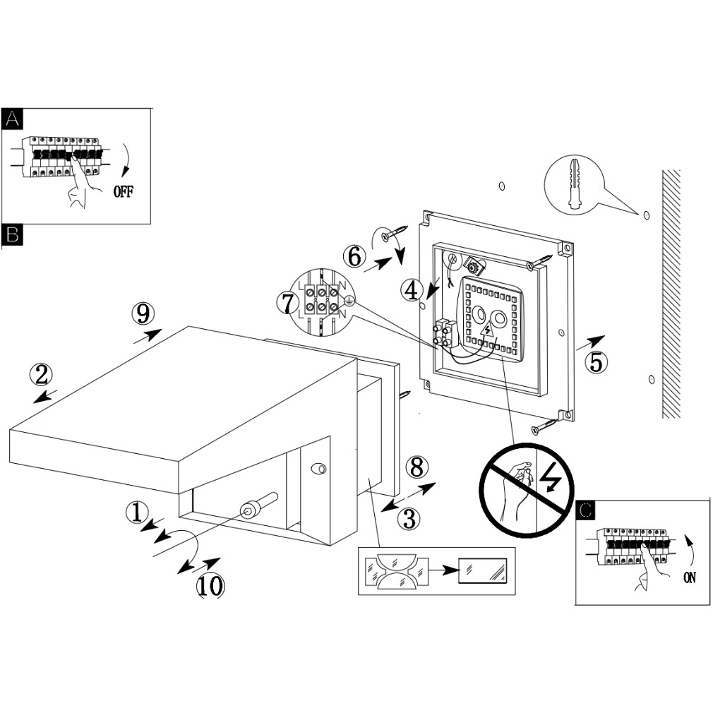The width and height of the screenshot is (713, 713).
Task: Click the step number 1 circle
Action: pyautogui.click(x=138, y=512)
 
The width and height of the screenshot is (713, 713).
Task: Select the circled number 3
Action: pyautogui.click(x=408, y=519)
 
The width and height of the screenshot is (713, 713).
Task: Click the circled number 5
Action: pyautogui.click(x=597, y=361)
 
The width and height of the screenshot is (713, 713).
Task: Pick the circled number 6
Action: pyautogui.click(x=355, y=256)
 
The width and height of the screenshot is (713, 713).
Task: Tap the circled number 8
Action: pyautogui.click(x=417, y=467)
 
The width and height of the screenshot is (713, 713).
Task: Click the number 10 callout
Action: pyautogui.click(x=210, y=585)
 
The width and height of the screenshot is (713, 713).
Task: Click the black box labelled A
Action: pyautogui.click(x=12, y=119)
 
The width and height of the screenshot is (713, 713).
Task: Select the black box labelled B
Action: pyautogui.click(x=12, y=235)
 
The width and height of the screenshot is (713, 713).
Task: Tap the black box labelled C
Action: pyautogui.click(x=586, y=510)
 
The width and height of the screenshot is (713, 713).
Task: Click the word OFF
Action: pyautogui.click(x=122, y=193)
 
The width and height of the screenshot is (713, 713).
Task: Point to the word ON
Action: pyautogui.click(x=690, y=577)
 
